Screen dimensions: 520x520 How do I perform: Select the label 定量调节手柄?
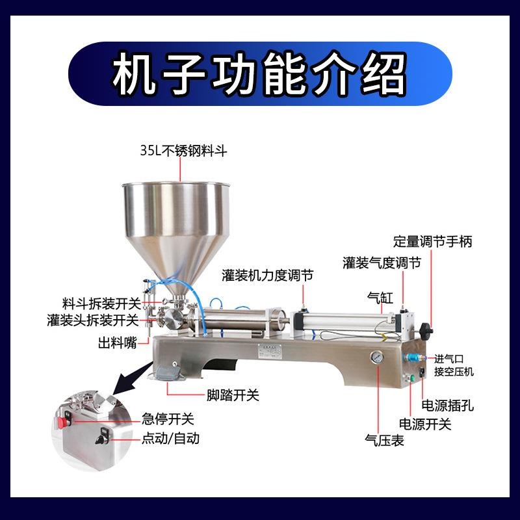(441, 241)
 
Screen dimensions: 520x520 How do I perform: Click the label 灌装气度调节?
(382, 263)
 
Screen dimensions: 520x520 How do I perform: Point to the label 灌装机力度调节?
(267, 276)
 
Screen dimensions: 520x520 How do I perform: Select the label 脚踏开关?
(233, 395)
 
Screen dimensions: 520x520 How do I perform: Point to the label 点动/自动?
(170, 439)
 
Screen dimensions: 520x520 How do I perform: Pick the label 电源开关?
(424, 424)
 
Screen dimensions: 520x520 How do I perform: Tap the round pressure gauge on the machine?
(376, 358)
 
